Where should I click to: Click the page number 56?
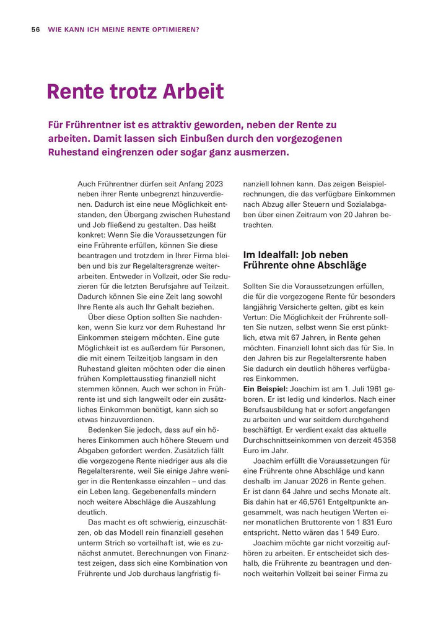tap(35, 29)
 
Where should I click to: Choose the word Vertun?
tap(257, 317)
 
